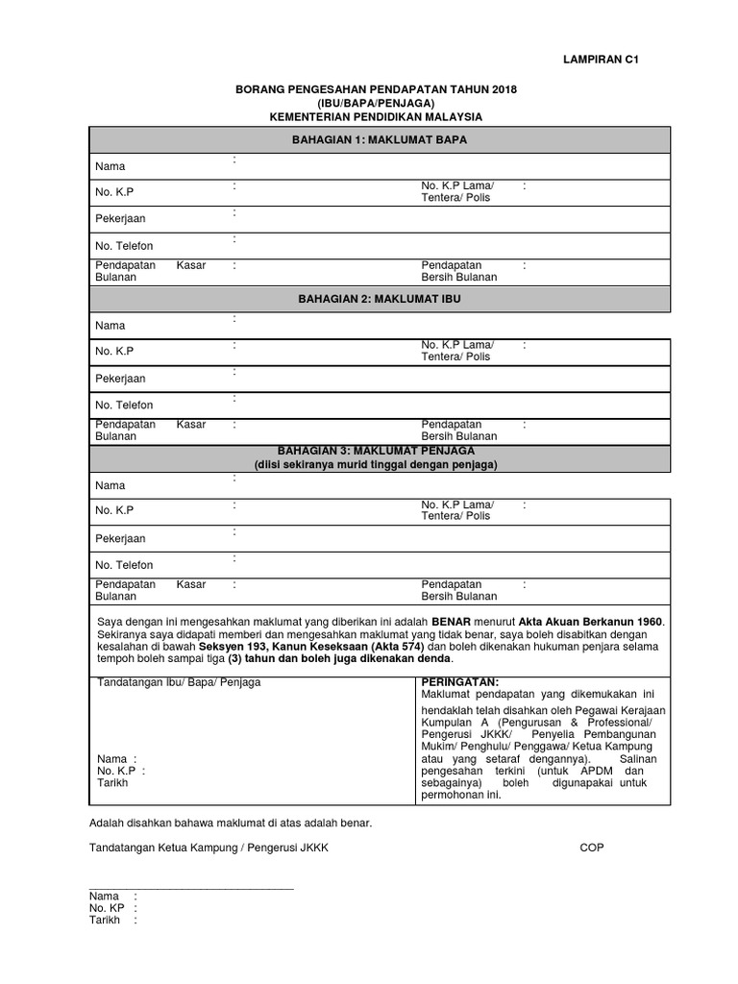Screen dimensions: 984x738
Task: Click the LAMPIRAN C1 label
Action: pyautogui.click(x=601, y=60)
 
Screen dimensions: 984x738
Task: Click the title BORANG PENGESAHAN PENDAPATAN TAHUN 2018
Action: pyautogui.click(x=377, y=89)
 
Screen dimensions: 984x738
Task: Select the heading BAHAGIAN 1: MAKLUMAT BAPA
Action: pyautogui.click(x=378, y=140)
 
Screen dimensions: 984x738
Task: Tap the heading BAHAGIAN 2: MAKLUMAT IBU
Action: pyautogui.click(x=378, y=300)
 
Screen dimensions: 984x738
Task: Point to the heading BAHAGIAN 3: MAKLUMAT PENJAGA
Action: pyautogui.click(x=376, y=450)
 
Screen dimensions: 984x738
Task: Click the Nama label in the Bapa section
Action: pyautogui.click(x=111, y=166)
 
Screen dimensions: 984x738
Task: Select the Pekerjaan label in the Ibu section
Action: pyautogui.click(x=120, y=379)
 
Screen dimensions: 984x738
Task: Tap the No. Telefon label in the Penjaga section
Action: pyautogui.click(x=124, y=565)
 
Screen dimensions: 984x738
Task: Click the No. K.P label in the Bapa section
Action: pyautogui.click(x=114, y=192)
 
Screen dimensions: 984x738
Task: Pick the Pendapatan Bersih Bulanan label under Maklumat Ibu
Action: pyautogui.click(x=458, y=430)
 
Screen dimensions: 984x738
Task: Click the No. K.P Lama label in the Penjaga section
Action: pyautogui.click(x=456, y=510)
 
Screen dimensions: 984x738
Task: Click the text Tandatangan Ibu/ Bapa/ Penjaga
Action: pyautogui.click(x=179, y=682)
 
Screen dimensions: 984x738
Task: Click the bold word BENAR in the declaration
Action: pyautogui.click(x=452, y=622)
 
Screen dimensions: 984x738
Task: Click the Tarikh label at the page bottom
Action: pyautogui.click(x=105, y=920)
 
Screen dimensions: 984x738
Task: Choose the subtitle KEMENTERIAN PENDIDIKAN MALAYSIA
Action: pyautogui.click(x=377, y=116)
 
